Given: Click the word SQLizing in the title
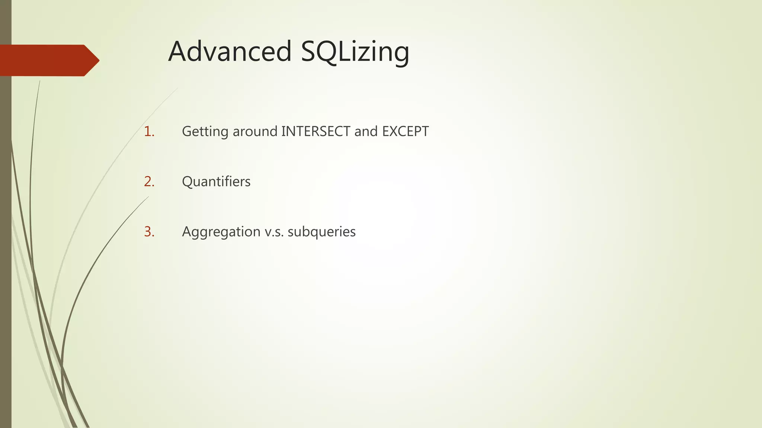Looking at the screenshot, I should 355,52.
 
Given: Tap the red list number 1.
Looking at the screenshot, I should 149,132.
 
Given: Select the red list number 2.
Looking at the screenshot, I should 149,182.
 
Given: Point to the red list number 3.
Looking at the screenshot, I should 149,232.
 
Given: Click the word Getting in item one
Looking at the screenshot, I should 205,132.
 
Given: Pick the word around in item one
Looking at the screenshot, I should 255,132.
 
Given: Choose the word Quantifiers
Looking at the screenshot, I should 216,182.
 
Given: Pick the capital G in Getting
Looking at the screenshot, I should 187,132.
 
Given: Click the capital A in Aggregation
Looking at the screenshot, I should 187,232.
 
